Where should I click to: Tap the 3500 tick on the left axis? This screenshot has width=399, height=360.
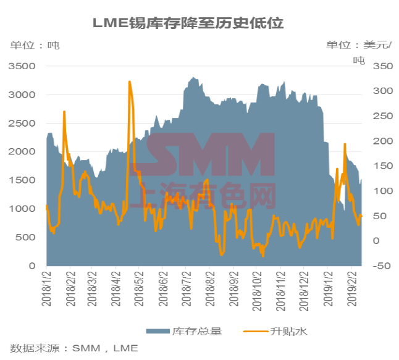point(23,66)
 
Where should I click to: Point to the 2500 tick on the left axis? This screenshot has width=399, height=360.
point(23,123)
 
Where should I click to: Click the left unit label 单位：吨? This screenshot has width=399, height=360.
point(35,45)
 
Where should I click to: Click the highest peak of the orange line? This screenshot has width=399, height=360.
point(130,82)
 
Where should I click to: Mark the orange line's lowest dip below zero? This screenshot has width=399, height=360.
point(263,255)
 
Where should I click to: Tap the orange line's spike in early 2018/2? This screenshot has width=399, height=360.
point(64,112)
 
